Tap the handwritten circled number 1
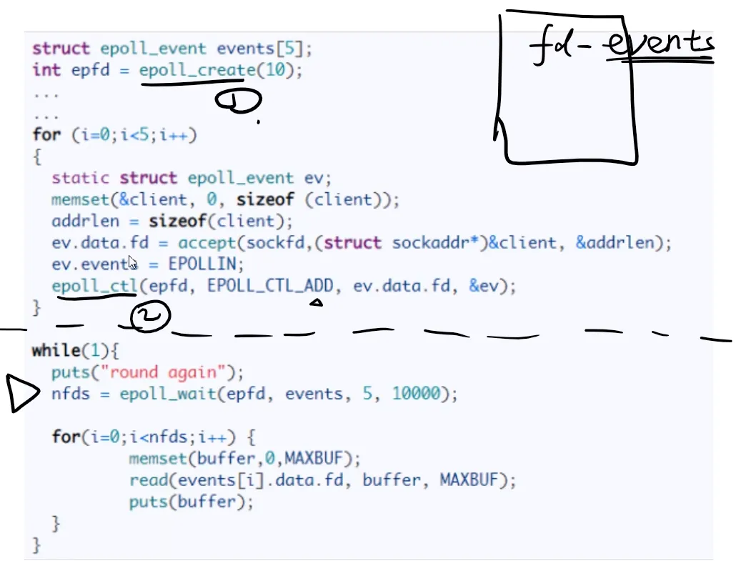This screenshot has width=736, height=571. (239, 102)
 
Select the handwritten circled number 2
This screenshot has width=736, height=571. (149, 318)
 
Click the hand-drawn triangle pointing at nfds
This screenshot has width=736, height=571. (23, 393)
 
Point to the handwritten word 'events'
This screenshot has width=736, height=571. (659, 44)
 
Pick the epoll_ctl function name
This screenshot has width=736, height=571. (94, 287)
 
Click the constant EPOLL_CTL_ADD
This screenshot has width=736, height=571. (270, 287)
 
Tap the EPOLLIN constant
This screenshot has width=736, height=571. (206, 265)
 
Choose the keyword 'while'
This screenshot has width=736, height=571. (55, 351)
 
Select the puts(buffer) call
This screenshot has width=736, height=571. (191, 502)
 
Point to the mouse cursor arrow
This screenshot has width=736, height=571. (132, 262)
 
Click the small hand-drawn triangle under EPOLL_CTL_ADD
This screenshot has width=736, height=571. (315, 303)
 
